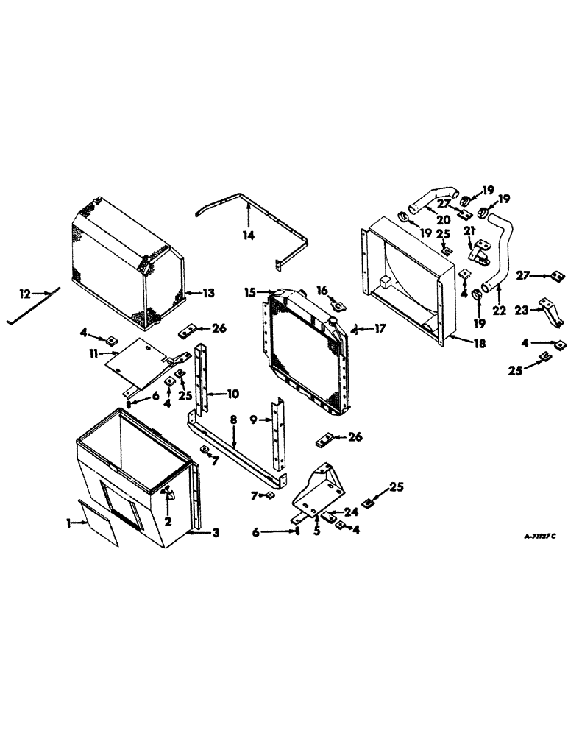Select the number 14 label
pos(249,235)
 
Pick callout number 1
pos(68,523)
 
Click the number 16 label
pos(321,290)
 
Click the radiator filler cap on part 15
pos(333,322)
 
